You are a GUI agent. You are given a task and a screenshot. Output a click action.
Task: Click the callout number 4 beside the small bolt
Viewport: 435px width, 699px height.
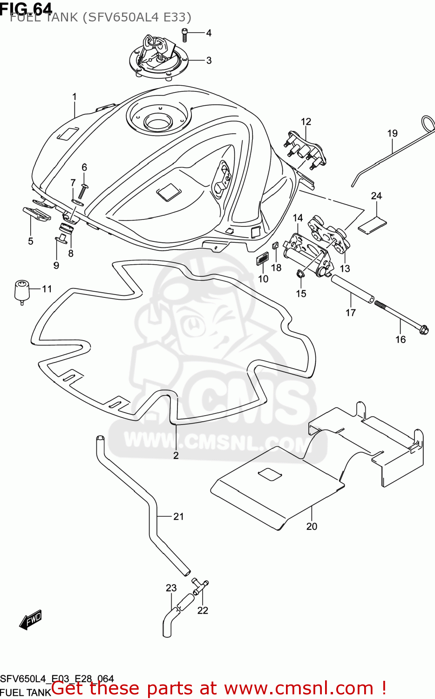(209, 33)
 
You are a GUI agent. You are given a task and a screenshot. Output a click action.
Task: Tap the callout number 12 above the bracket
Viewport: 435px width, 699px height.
(306, 122)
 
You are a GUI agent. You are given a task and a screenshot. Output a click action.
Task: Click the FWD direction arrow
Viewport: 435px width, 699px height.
(31, 620)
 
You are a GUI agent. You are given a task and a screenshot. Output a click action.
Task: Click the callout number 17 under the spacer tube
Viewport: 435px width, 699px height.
(351, 313)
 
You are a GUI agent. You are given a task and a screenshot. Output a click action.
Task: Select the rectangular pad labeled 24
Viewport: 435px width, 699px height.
(372, 224)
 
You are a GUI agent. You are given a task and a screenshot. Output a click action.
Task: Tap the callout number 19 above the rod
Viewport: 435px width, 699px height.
(392, 133)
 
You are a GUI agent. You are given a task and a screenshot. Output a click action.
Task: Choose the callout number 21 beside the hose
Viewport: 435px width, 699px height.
(178, 516)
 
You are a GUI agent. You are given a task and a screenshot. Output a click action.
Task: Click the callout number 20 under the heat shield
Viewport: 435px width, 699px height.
(312, 526)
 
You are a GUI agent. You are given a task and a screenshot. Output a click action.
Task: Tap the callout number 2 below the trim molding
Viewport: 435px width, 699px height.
(176, 455)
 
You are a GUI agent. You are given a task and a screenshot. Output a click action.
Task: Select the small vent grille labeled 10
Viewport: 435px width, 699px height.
(263, 259)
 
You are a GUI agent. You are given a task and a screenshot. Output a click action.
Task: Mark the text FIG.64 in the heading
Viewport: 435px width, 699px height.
(26, 8)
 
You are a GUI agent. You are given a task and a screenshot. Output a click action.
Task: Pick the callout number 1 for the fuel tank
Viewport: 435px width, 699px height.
(74, 97)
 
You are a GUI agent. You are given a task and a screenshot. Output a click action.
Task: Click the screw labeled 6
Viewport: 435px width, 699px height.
(84, 187)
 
